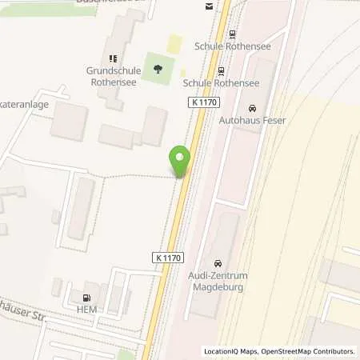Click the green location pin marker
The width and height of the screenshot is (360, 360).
click(180, 158)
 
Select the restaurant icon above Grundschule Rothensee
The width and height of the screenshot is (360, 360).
click(113, 58)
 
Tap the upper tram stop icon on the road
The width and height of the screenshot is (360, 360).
click(232, 34)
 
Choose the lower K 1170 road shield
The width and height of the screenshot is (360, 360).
click(167, 258)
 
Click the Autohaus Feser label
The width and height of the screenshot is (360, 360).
click(252, 121)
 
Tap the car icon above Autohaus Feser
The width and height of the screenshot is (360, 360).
click(253, 108)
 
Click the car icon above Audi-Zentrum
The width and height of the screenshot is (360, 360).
click(217, 263)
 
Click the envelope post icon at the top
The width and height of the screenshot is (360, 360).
click(209, 6)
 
